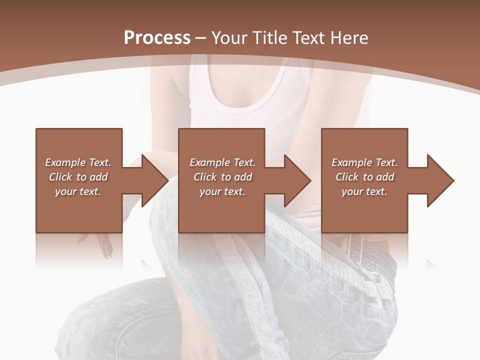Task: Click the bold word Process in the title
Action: pos(157,38)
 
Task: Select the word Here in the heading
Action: pos(349,38)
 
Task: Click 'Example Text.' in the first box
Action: pos(78,162)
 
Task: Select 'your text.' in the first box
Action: pos(78,191)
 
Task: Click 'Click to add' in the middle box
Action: pos(222,177)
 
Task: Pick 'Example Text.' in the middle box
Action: pos(222,162)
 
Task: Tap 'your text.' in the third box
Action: pos(364,191)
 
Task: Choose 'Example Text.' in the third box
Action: pos(364,162)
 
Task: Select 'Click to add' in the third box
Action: pos(364,177)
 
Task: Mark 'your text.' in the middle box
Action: pos(222,191)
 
